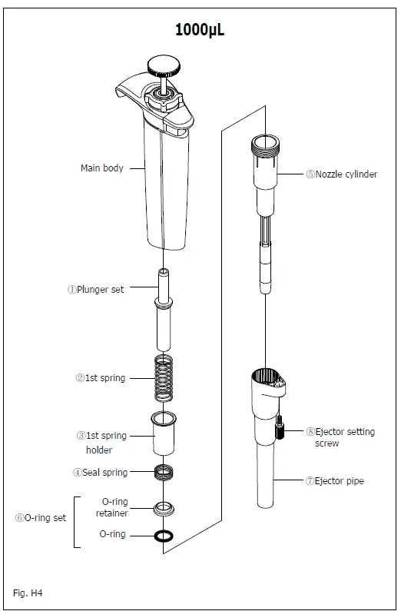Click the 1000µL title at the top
click(200, 30)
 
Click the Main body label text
click(101, 168)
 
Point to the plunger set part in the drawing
click(164, 308)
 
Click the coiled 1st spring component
click(164, 377)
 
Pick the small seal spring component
click(164, 472)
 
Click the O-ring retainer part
click(164, 507)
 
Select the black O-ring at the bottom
click(164, 535)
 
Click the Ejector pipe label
click(339, 481)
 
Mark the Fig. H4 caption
click(30, 593)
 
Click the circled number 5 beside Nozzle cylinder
click(310, 174)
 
